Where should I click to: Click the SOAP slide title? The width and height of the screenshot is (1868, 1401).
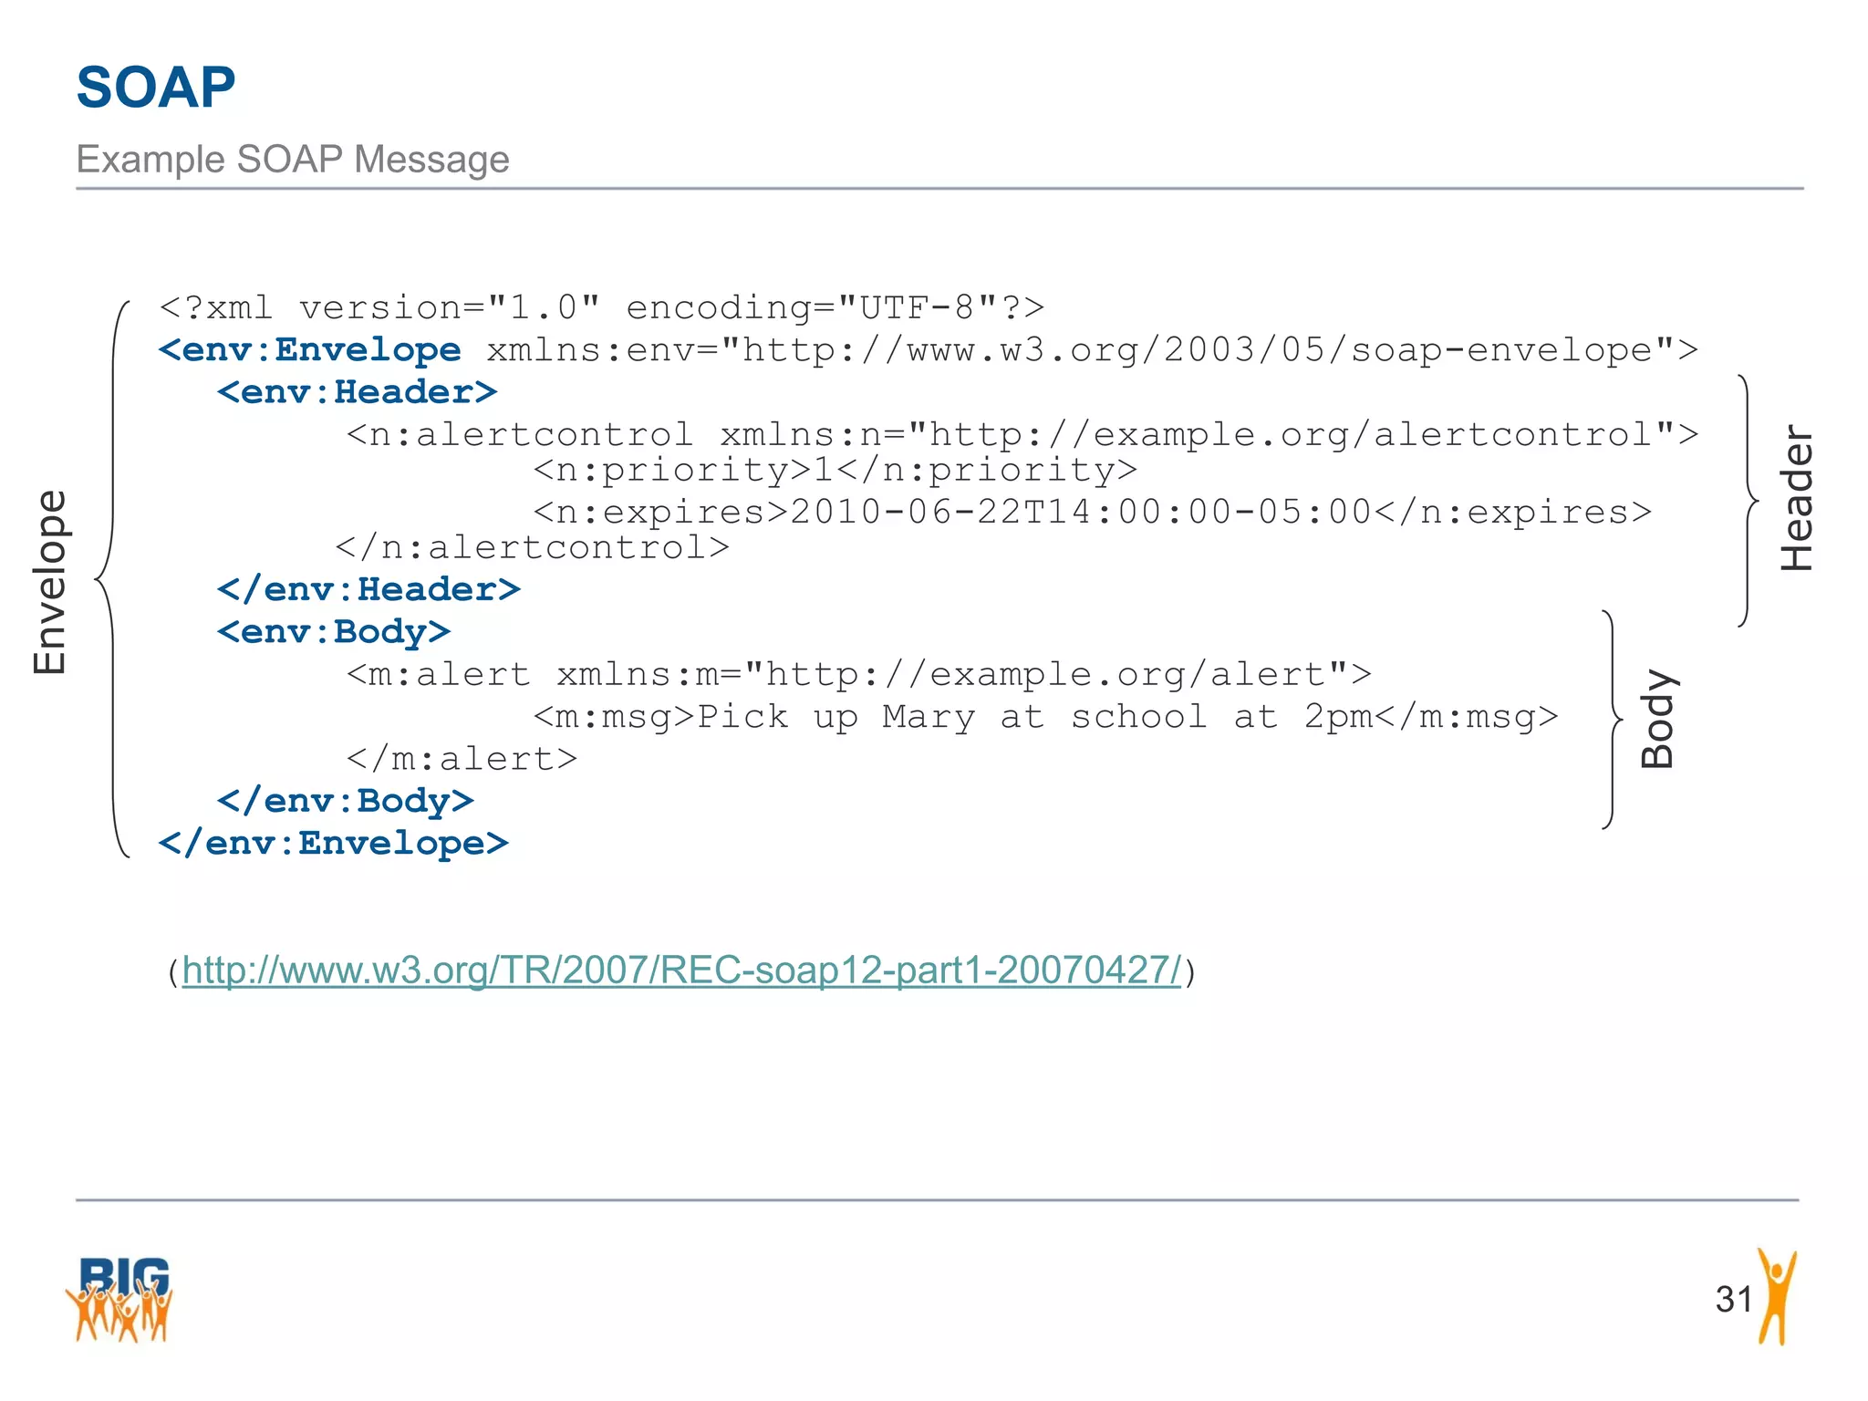(x=156, y=88)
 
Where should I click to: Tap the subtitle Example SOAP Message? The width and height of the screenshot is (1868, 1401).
(x=292, y=160)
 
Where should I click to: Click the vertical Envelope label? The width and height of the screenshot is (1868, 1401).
(x=50, y=582)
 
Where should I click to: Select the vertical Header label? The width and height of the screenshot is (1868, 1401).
(x=1797, y=498)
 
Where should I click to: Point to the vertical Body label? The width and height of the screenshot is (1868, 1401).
(x=1657, y=719)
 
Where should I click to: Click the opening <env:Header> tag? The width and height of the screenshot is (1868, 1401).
(x=357, y=392)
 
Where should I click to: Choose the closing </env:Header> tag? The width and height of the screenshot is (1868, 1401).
(x=368, y=589)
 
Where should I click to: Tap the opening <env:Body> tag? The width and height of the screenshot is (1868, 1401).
(x=334, y=631)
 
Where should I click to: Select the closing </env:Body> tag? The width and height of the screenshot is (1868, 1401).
(x=346, y=801)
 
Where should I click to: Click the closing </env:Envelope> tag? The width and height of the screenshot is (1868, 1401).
(x=334, y=843)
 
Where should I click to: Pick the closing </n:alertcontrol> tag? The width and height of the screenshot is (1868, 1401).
(x=533, y=547)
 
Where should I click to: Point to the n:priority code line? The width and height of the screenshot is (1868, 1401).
(x=835, y=470)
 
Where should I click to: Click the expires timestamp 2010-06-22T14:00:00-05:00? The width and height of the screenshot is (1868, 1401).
(x=1081, y=512)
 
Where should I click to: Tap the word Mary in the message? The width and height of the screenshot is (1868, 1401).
(x=929, y=717)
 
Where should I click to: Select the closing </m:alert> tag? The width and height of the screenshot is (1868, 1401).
(x=462, y=759)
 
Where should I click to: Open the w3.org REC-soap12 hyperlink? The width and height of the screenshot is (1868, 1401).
(x=681, y=970)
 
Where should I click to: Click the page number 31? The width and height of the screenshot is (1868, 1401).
(x=1733, y=1299)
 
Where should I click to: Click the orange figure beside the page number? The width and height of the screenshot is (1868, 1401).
(x=1776, y=1297)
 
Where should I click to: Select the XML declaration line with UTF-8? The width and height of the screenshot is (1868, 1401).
(x=602, y=308)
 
